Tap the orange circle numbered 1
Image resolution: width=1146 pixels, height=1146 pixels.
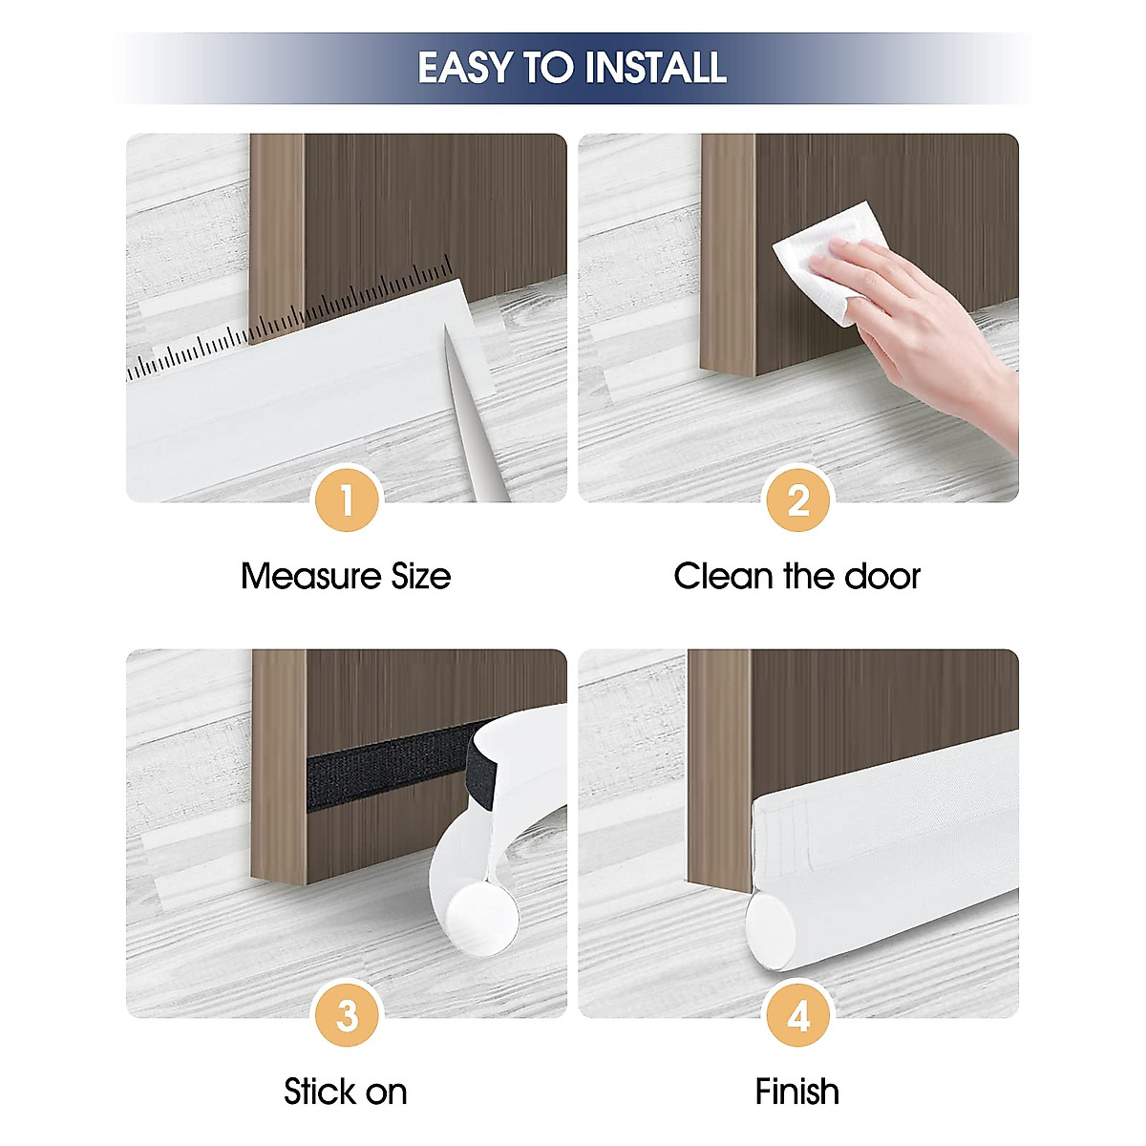pyautogui.click(x=347, y=500)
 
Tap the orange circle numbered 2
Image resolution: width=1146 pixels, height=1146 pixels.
pyautogui.click(x=798, y=500)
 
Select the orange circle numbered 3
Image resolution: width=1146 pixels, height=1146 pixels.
pyautogui.click(x=347, y=1015)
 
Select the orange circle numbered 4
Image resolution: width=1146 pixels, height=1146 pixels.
pyautogui.click(x=798, y=1015)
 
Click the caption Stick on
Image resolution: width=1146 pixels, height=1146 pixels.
pyautogui.click(x=345, y=1092)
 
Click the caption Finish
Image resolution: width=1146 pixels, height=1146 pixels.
pyautogui.click(x=796, y=1092)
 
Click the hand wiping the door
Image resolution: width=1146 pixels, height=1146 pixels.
pyautogui.click(x=917, y=315)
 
